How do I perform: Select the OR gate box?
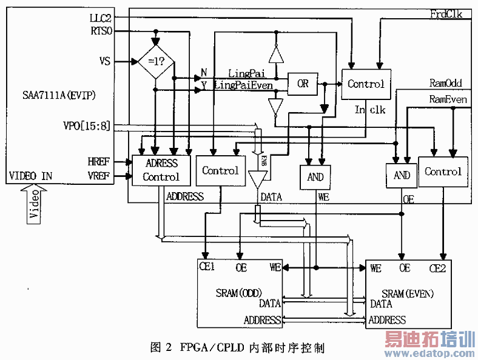tap(303, 84)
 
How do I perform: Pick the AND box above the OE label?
tap(402, 175)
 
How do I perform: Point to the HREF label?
tap(101, 161)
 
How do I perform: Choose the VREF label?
tap(101, 176)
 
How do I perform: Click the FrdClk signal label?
tap(446, 13)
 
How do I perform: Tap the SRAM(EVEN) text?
tap(408, 294)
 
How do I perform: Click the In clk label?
tap(369, 110)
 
